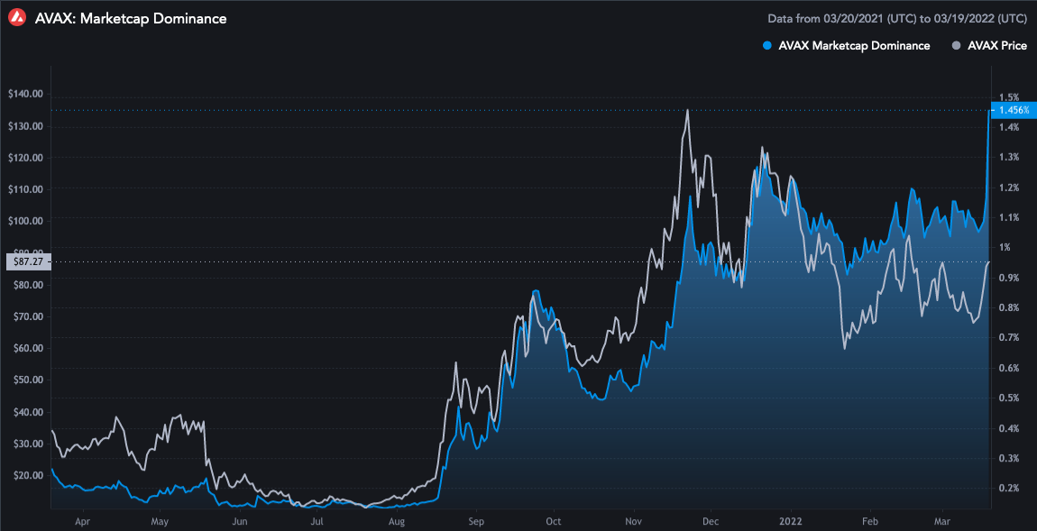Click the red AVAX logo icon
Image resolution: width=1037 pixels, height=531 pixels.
click(x=15, y=17)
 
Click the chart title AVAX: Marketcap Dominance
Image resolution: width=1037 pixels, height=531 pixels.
click(x=131, y=18)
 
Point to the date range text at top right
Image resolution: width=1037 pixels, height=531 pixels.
click(x=896, y=18)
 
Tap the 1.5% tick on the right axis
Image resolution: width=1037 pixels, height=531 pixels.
click(x=1009, y=97)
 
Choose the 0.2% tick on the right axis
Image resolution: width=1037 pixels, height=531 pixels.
click(x=1009, y=489)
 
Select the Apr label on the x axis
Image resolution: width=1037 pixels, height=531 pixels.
click(x=82, y=521)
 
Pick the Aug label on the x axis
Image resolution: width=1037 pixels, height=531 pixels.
click(x=396, y=521)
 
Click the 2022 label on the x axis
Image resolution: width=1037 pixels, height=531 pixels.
click(x=791, y=521)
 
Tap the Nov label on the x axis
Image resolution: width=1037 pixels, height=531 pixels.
click(x=633, y=521)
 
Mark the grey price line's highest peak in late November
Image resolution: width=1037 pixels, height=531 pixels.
click(x=688, y=110)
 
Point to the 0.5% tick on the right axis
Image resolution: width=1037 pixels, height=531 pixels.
click(x=1009, y=398)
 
